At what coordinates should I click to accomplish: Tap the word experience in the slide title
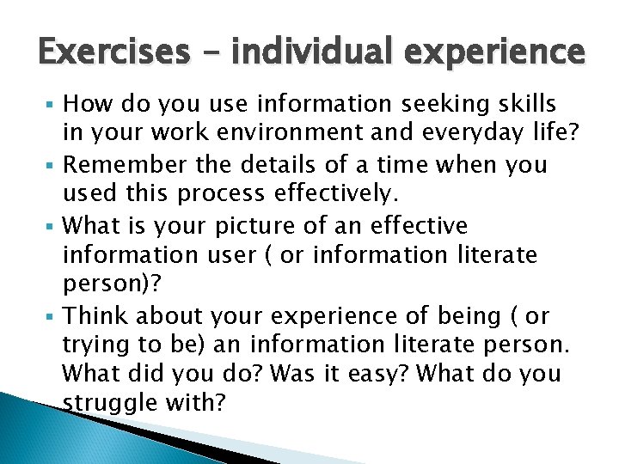493,53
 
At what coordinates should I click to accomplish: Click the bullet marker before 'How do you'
53,106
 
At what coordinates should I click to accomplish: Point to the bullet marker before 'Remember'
53,166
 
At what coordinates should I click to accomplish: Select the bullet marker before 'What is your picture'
53,226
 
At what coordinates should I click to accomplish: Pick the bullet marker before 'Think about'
53,316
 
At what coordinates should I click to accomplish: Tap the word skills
519,105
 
